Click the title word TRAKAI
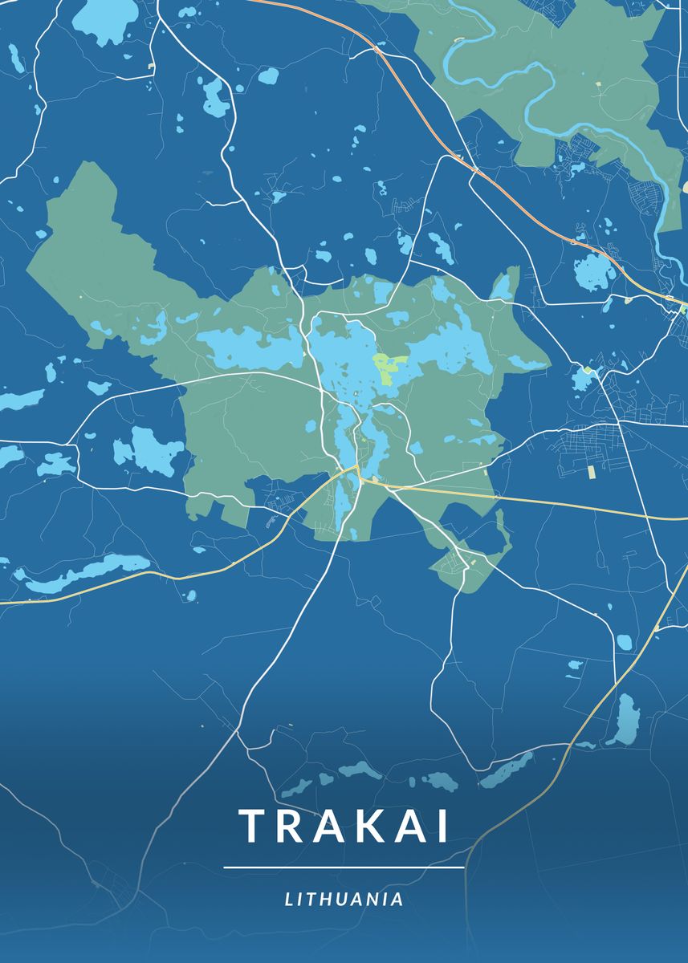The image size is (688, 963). click(x=344, y=827)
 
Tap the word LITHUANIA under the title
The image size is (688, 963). click(x=344, y=900)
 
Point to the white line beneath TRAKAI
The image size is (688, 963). click(x=344, y=868)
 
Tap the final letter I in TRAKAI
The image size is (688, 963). click(x=442, y=827)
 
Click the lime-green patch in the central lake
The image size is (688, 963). click(x=386, y=367)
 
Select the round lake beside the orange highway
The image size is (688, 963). click(x=594, y=270)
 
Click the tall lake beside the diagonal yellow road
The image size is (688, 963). click(x=624, y=720)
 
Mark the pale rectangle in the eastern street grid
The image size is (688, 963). click(x=592, y=471)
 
